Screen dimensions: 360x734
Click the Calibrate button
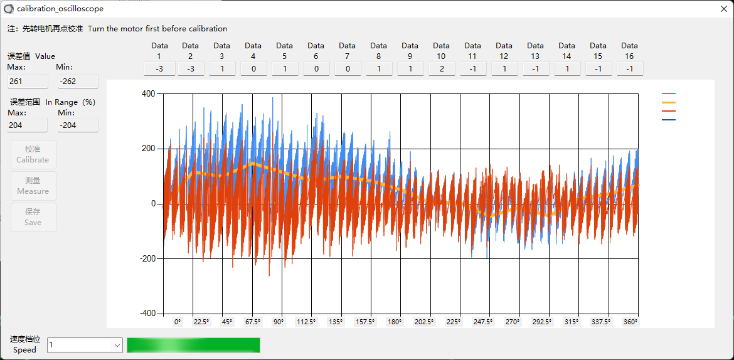point(33,154)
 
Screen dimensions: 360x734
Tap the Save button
point(33,217)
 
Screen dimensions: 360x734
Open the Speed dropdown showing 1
point(85,345)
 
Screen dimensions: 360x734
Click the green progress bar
point(193,345)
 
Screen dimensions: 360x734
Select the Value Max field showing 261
point(28,81)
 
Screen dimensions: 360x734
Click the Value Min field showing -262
point(78,81)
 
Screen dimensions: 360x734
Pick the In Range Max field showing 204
point(28,125)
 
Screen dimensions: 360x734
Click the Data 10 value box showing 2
point(442,68)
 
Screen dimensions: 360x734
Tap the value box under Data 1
point(159,68)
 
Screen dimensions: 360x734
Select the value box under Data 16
point(630,68)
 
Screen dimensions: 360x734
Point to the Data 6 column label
point(316,50)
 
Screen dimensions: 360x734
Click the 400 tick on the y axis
point(148,93)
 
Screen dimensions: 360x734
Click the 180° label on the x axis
point(395,322)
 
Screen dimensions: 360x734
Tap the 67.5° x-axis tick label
point(252,322)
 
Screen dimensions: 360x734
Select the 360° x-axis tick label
point(630,322)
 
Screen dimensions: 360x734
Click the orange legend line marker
point(669,102)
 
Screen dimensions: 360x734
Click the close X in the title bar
point(723,9)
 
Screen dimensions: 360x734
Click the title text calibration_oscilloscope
point(60,9)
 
